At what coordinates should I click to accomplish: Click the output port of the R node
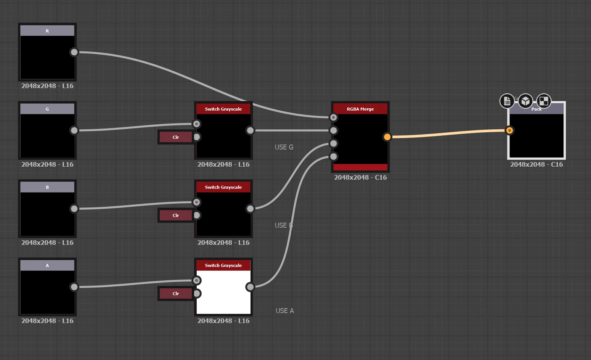pos(74,52)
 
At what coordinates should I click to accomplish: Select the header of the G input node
pos(47,109)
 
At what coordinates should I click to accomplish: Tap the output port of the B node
pos(74,209)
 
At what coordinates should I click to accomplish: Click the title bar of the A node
pos(47,265)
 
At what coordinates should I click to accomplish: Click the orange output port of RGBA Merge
pos(387,137)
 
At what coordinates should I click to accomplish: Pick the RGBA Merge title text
pos(360,109)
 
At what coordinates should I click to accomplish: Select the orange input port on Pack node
pos(509,130)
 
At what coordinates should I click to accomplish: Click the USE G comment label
pos(284,147)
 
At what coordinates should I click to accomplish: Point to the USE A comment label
pos(284,311)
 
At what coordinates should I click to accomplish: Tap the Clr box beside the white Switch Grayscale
pos(176,294)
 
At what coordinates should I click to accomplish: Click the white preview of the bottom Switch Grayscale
pos(223,292)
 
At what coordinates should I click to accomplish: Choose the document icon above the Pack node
pos(507,101)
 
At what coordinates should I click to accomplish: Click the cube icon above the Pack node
pos(525,101)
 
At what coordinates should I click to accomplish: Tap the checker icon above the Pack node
pos(544,101)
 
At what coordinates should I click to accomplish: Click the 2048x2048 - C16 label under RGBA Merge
pos(360,177)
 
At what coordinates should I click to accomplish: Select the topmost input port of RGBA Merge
pos(334,117)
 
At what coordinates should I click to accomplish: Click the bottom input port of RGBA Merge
pos(334,156)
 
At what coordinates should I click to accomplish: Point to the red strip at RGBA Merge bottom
pos(360,167)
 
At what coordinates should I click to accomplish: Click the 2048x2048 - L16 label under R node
pos(47,86)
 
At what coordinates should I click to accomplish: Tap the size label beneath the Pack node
pos(536,164)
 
